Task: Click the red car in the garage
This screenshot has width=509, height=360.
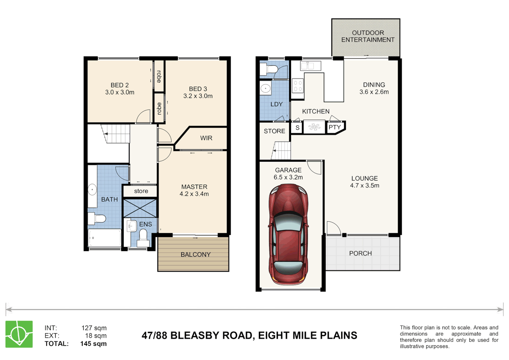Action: click(x=288, y=235)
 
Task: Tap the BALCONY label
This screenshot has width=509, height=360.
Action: click(x=196, y=255)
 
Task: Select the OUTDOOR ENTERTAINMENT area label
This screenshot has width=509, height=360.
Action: click(x=368, y=36)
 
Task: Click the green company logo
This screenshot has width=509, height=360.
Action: click(x=19, y=334)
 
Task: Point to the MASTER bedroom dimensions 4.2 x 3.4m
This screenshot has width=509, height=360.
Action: click(x=194, y=194)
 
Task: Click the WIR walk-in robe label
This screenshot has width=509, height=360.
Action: click(x=206, y=138)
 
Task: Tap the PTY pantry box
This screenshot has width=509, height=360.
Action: click(x=334, y=127)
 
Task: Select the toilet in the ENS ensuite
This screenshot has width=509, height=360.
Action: click(x=143, y=236)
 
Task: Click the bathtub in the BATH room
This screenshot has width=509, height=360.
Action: click(x=105, y=238)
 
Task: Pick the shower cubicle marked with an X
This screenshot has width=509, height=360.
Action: click(x=140, y=208)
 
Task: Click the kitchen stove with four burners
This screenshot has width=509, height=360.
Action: click(x=298, y=86)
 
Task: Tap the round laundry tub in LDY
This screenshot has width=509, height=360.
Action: click(x=265, y=89)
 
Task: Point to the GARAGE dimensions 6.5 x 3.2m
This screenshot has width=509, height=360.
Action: click(x=288, y=177)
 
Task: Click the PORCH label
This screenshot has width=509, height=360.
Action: click(x=360, y=253)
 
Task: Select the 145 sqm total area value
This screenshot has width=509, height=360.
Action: click(x=93, y=344)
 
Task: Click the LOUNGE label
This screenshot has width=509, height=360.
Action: click(x=364, y=178)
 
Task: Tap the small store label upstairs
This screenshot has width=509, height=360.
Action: click(x=141, y=191)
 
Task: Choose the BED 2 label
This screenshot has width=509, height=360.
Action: click(x=120, y=85)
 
